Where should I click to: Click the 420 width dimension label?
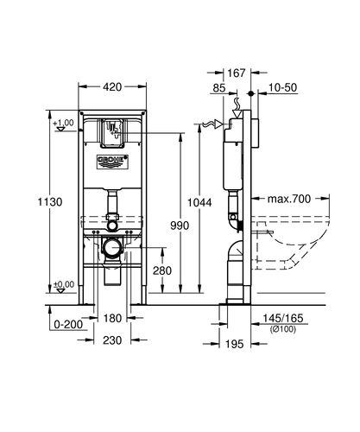point(112,86)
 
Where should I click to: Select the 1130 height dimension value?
point(50,202)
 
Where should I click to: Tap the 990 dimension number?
point(180,226)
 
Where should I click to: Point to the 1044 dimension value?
point(199,202)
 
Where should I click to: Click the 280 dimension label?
point(162,270)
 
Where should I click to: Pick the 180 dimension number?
point(112,318)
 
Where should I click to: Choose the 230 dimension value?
point(112,340)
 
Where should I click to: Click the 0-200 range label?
point(68,325)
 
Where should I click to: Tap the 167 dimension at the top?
point(237,73)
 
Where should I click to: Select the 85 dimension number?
point(219,88)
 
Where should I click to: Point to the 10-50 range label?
point(283,87)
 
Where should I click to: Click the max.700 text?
point(289,199)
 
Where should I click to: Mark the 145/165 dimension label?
point(283,318)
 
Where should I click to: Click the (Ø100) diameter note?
point(283,329)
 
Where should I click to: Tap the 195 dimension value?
point(234,344)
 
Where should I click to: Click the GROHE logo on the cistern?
point(112,162)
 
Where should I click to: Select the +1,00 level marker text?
point(63,123)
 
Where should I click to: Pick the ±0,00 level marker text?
point(64,284)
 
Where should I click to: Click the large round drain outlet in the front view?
point(112,247)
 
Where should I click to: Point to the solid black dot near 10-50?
point(251,93)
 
